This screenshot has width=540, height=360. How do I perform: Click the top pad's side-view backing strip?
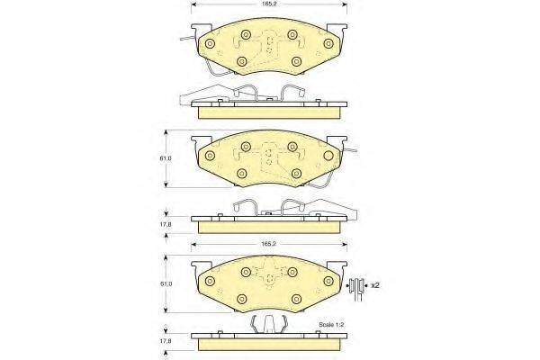coord(270,109)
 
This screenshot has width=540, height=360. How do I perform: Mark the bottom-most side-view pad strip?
coord(270,343)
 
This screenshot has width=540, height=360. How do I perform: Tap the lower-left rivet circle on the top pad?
coord(241,61)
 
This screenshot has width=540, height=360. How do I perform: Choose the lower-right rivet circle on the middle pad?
coord(296,171)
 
